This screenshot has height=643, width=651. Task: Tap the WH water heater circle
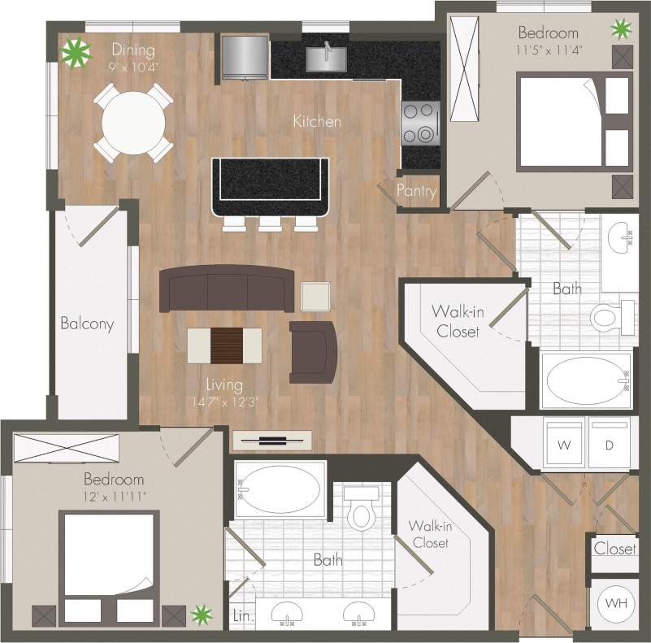point(614,604)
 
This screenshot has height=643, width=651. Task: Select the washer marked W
point(562,445)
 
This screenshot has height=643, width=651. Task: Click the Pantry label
point(417,192)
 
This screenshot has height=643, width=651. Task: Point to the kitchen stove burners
point(419,123)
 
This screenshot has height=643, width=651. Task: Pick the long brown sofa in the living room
point(225,288)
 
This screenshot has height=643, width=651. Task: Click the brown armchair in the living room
point(314,351)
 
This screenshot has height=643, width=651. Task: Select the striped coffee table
point(225,345)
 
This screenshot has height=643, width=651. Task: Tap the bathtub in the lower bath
point(278,491)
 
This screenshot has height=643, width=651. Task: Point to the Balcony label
point(87,323)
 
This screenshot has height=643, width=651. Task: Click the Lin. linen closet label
point(242,616)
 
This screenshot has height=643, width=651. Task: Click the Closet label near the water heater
point(614,549)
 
